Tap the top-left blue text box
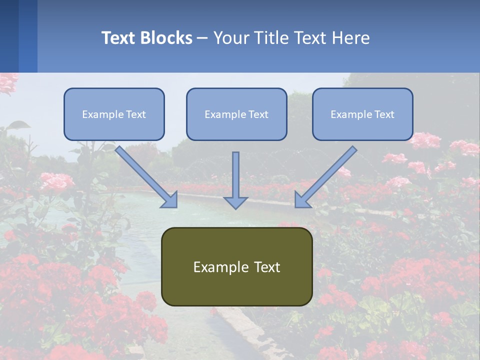(114, 114)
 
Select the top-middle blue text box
(236, 114)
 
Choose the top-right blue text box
(362, 114)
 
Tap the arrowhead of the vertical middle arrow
(235, 202)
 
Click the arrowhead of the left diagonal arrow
(170, 200)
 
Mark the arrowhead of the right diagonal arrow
(302, 200)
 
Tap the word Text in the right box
(384, 114)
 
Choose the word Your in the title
(229, 38)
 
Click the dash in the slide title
(202, 38)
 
